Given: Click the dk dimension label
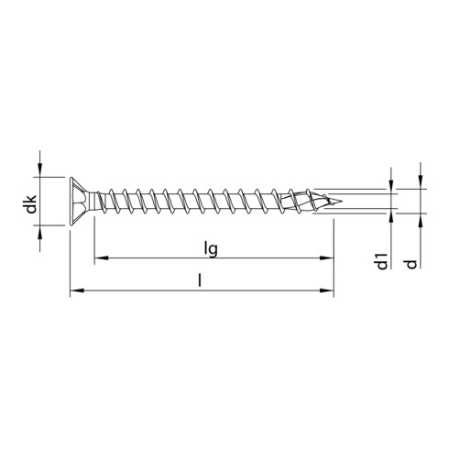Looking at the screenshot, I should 30,206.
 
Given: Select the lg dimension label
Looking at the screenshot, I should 213,246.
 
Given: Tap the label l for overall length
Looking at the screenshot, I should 201,280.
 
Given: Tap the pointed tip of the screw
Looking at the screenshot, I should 342,202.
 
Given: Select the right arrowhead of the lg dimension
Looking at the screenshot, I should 328,259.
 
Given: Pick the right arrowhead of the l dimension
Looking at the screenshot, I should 328,292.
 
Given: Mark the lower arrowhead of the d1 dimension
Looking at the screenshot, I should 391,217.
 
